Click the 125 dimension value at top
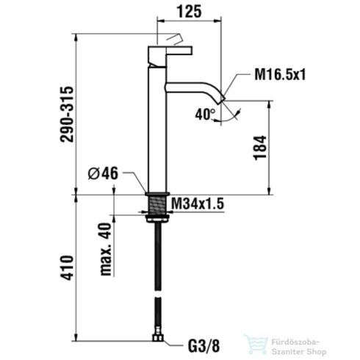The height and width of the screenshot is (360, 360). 190,12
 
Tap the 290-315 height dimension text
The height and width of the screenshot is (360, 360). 67,114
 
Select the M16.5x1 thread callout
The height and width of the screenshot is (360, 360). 280,74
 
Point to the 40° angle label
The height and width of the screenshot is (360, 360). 205,114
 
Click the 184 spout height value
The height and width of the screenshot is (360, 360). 260,148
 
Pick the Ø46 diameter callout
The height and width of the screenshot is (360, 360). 103,173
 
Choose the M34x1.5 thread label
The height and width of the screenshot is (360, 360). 198,204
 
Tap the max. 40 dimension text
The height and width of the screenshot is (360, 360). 106,249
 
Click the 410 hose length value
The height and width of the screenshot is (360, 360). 67,267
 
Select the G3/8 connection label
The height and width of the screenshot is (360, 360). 204,345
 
